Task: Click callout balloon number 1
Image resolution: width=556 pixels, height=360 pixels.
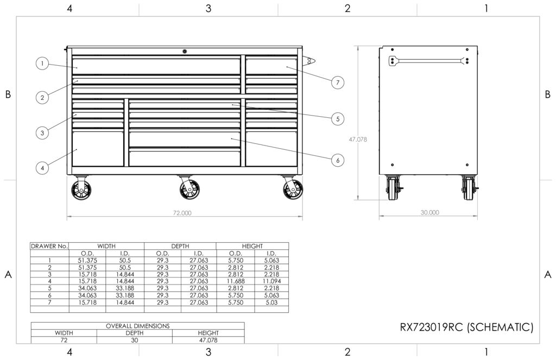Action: [42, 64]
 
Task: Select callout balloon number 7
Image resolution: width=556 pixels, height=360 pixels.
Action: [338, 83]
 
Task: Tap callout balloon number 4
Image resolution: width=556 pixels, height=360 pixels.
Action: [42, 168]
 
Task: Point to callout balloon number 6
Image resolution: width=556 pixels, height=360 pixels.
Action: [338, 160]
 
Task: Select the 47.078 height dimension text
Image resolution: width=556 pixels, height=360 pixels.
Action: [358, 140]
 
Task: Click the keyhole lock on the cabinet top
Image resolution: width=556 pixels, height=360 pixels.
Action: [185, 52]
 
